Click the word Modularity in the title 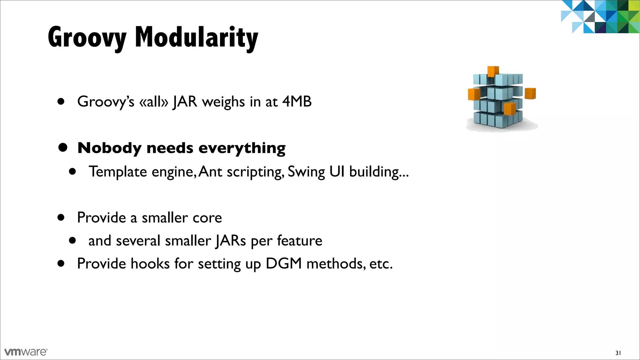pos(196,37)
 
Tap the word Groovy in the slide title pos(87,37)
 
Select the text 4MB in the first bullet pos(297,102)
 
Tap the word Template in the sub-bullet pos(118,172)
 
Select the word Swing pos(306,172)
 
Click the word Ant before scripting pos(210,172)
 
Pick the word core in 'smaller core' pos(207,217)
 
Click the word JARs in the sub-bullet pos(231,241)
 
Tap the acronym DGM pos(283,263)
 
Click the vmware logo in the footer pos(26,352)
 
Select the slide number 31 pos(618,353)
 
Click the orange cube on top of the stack pos(493,71)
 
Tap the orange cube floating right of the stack pos(530,93)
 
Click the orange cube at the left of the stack pos(474,94)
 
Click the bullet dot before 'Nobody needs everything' pos(63,147)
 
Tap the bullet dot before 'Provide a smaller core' pos(61,217)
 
